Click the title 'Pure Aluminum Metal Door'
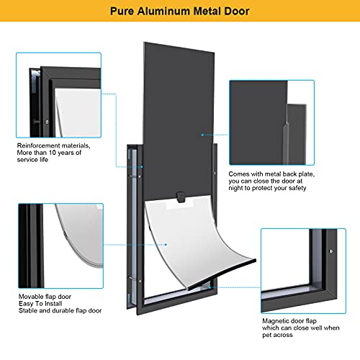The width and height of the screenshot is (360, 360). pyautogui.click(x=179, y=12)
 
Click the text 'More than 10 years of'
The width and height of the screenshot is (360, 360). pyautogui.click(x=50, y=153)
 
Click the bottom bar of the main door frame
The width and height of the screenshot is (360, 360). pyautogui.click(x=175, y=310)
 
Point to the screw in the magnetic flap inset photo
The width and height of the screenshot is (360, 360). pyautogui.click(x=330, y=251)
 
